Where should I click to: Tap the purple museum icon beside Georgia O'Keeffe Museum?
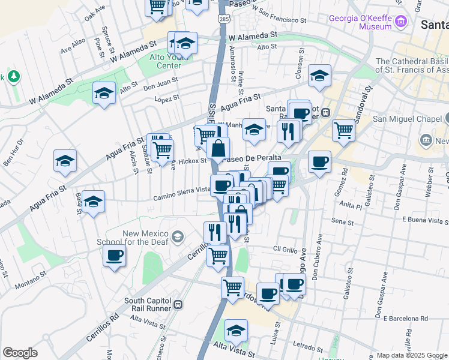coord(402,22)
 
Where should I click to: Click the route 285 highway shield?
coord(223,20)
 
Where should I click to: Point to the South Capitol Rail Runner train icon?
coord(178,305)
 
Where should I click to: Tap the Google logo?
coord(20,353)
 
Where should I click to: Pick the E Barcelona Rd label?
coord(407,318)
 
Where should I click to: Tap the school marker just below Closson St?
coord(320,76)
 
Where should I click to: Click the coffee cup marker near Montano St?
coord(114,256)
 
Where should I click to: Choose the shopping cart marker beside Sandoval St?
coord(343,129)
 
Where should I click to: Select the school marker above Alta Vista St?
coord(236,331)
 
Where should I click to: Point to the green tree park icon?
coord(13,77)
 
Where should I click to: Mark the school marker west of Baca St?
coord(94,202)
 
